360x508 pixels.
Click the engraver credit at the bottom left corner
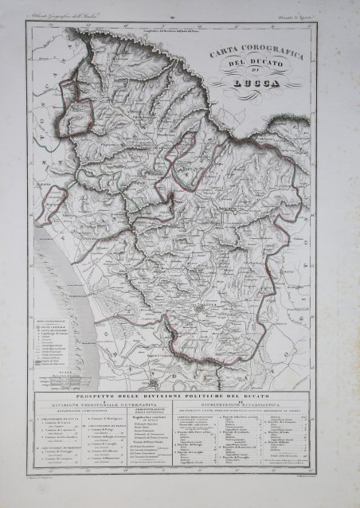pyautogui.click(x=49, y=496)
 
